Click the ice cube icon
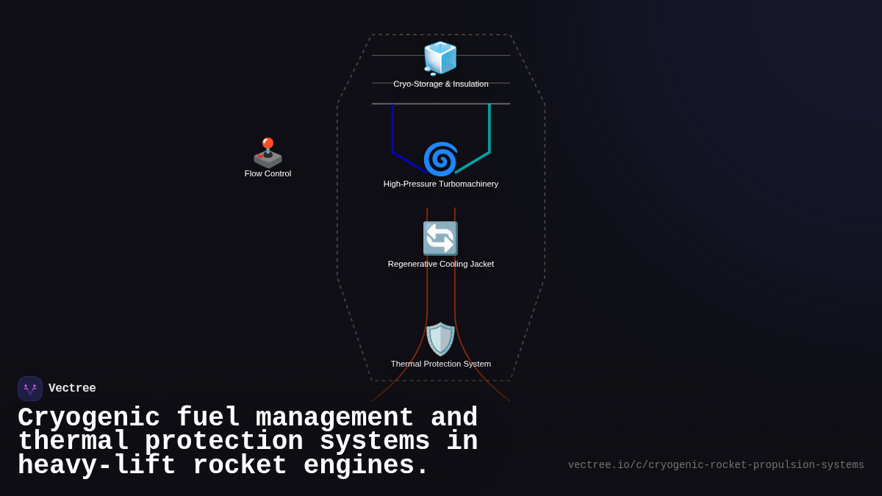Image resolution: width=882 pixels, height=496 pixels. (x=440, y=58)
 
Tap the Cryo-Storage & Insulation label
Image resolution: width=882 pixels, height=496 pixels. (x=440, y=84)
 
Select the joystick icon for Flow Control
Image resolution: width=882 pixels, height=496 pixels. (x=268, y=153)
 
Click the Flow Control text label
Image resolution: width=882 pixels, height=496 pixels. (x=268, y=173)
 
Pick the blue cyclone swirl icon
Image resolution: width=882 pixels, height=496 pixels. (x=440, y=159)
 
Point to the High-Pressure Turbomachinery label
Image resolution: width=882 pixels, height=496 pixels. (x=440, y=184)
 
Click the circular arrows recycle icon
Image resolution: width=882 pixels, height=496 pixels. (x=440, y=239)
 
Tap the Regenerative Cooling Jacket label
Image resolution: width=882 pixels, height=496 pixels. (x=440, y=264)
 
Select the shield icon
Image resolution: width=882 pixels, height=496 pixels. (x=440, y=339)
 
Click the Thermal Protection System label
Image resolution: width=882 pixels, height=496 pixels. (x=440, y=364)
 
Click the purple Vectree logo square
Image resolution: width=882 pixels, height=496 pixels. (x=30, y=389)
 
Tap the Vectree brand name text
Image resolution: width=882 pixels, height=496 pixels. (x=72, y=389)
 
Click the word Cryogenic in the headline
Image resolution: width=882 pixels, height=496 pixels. (x=89, y=418)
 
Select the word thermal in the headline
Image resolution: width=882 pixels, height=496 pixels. (x=73, y=442)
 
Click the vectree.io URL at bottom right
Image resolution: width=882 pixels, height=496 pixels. (x=716, y=465)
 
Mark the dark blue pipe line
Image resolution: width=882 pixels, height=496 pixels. (x=392, y=132)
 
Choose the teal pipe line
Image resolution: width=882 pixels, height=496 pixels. (x=490, y=132)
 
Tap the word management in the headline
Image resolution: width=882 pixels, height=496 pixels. (x=335, y=418)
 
